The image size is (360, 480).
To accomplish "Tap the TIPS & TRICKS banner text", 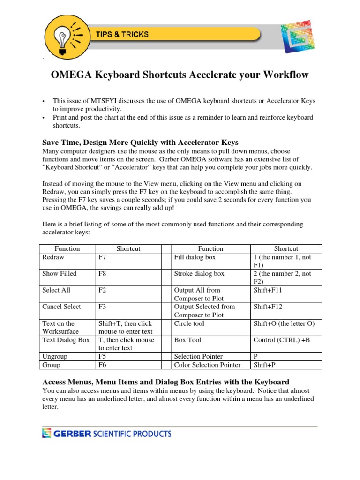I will point(122,34).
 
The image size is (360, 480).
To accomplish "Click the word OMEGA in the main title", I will point(71,75).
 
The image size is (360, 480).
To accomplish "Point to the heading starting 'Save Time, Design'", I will point(141,142).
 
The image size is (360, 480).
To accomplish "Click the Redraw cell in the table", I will point(53,257).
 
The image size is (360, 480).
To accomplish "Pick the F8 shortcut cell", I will point(102,274).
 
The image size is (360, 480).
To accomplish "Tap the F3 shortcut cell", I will point(102,307).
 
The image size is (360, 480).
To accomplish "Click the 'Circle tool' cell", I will point(189,323).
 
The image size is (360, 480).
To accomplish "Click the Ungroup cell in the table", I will point(55,356).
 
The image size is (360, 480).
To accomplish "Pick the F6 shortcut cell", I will point(102,365).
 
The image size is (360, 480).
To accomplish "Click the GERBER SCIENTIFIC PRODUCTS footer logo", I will point(107,434).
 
